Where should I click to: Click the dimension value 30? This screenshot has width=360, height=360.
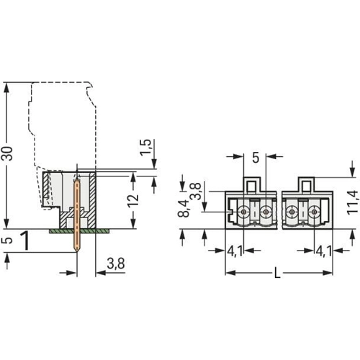tap(7, 153)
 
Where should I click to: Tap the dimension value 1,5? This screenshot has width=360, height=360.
tap(146, 148)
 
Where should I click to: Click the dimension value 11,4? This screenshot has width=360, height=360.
tap(353, 203)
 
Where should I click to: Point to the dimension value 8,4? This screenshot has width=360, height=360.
tap(184, 209)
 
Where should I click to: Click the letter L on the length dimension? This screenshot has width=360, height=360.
tap(277, 273)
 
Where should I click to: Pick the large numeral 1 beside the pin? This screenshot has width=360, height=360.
tap(25, 240)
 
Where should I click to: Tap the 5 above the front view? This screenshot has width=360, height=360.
tap(256, 158)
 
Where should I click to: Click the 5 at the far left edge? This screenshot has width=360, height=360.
tap(9, 240)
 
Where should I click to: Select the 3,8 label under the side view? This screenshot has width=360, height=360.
tap(116, 264)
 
